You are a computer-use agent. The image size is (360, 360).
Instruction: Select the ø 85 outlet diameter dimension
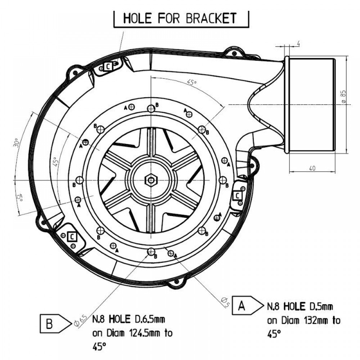pos(343,97)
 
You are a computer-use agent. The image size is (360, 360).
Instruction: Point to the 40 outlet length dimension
pos(312,168)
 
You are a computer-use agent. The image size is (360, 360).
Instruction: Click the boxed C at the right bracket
pos(238,195)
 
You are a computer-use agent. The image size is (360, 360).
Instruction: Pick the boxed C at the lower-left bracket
pos(72,237)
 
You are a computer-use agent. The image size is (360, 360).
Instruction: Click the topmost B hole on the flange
pos(151,108)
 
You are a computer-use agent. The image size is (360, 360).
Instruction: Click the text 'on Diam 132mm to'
pos(303,320)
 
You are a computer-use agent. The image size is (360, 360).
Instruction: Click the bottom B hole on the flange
pos(151,251)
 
